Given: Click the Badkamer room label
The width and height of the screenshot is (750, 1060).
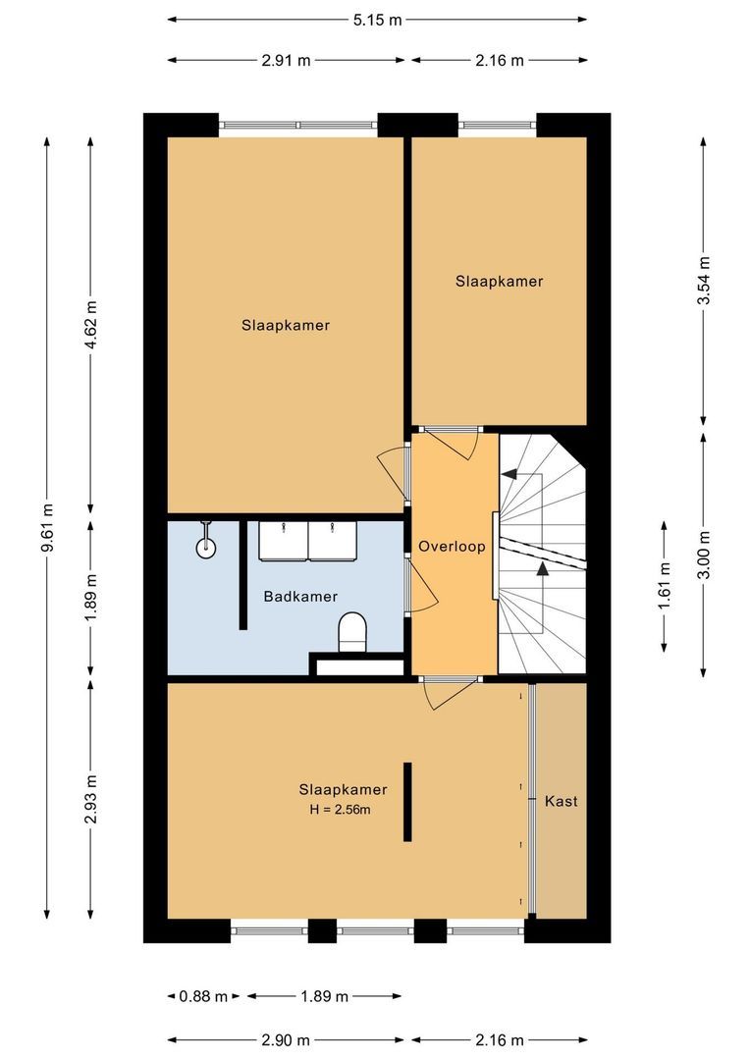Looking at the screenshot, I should click(x=300, y=596).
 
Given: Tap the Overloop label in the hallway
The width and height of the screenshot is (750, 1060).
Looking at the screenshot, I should click(x=452, y=547).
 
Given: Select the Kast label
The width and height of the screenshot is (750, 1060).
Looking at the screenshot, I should click(x=561, y=801).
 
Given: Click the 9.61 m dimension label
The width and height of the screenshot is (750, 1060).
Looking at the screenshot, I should click(x=47, y=528).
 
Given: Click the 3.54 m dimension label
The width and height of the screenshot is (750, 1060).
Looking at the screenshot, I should click(x=703, y=281).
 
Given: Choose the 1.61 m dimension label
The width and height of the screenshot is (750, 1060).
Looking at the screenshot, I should click(x=665, y=585).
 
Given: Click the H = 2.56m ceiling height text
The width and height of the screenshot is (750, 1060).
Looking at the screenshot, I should click(x=343, y=810).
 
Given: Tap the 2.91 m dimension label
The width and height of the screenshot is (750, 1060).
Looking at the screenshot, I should click(x=286, y=60).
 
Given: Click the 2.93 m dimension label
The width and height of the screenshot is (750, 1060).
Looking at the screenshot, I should click(x=90, y=801).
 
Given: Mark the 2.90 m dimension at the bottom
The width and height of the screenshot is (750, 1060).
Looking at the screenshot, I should click(x=286, y=1039).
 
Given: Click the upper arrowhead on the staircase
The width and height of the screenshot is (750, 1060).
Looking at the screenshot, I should click(x=509, y=473).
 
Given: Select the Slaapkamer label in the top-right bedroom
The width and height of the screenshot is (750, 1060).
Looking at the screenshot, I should click(x=499, y=281).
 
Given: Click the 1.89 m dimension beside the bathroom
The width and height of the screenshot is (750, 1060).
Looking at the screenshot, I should click(x=90, y=596).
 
